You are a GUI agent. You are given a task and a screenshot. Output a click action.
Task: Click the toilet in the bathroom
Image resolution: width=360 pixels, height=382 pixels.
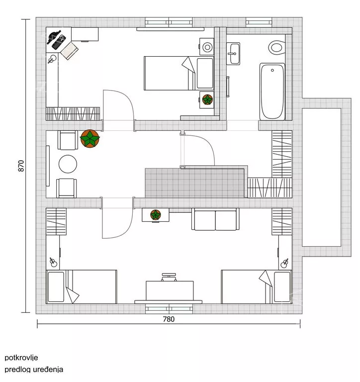point(275,48)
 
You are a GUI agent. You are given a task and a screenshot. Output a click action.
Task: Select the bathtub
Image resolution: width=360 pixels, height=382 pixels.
point(272,91)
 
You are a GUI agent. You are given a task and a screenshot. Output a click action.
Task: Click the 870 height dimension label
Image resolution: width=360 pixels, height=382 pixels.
point(21,165)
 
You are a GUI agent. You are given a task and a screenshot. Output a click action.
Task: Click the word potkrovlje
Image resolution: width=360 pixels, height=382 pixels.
point(21,357)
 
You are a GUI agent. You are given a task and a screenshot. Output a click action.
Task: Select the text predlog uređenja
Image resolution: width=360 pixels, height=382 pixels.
point(34,370)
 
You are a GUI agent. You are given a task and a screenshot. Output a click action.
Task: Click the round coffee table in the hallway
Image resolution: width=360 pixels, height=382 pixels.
point(68,164)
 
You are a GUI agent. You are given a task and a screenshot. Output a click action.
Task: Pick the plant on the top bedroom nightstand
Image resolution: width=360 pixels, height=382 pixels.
point(206,99)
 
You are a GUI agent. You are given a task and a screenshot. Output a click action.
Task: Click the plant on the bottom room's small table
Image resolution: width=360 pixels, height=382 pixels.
point(156,215)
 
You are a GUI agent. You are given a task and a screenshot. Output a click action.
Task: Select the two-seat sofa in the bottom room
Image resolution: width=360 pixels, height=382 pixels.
point(215,220)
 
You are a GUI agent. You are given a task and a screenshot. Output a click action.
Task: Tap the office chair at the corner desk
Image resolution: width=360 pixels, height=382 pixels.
point(70,48)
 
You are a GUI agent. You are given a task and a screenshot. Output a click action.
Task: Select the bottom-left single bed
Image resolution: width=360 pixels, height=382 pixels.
point(81,286)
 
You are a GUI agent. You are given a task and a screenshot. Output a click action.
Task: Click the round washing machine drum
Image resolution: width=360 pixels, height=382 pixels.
point(207,48)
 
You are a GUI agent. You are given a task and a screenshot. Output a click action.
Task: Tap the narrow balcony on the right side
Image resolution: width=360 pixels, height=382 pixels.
point(323,176)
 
